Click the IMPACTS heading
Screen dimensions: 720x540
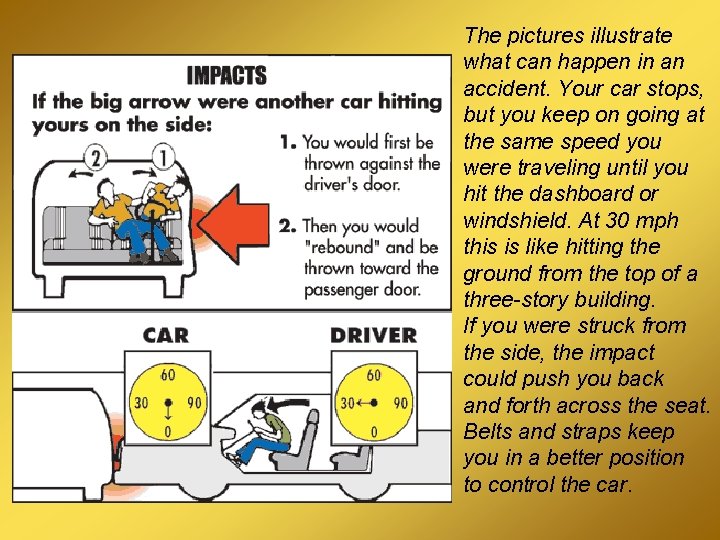[x=227, y=75]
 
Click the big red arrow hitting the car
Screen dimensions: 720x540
[x=233, y=224]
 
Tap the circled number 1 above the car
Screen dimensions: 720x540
[x=163, y=157]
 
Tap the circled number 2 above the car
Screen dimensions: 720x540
[x=96, y=158]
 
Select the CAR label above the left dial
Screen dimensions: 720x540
[x=166, y=335]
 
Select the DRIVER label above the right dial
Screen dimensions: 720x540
[x=374, y=335]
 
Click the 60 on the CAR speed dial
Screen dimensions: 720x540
[x=168, y=375]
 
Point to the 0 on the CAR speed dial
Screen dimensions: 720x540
[x=168, y=432]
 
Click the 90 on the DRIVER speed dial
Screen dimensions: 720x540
[x=400, y=403]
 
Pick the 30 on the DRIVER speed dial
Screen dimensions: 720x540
[x=347, y=403]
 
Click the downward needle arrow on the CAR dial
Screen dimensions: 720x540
[x=168, y=410]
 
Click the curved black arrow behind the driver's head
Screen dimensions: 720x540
[x=288, y=404]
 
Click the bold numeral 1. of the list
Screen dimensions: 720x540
[x=288, y=142]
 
